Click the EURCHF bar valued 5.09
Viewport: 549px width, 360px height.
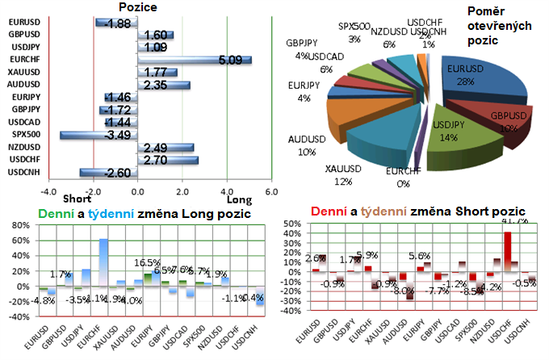tap(194, 59)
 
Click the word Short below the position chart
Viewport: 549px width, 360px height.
tap(76, 199)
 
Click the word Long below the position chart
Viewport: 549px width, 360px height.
tap(239, 199)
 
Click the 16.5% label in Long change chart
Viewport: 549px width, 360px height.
tap(147, 262)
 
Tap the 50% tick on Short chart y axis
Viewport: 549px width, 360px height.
tap(288, 233)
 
